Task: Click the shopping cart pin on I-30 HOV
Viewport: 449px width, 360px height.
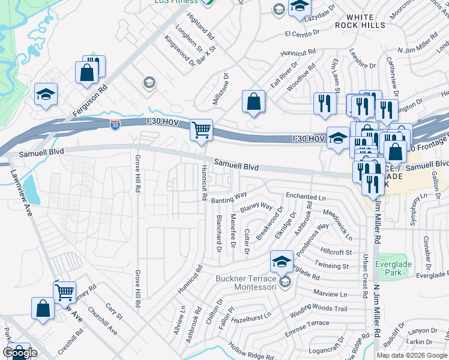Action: (202, 130)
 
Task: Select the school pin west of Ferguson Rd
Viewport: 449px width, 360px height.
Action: (46, 95)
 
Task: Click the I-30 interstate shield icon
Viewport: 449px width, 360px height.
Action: (115, 125)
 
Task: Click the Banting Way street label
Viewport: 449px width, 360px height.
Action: (228, 196)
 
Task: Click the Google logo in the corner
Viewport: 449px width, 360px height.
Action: (20, 353)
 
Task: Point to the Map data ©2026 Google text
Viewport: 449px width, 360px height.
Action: (412, 355)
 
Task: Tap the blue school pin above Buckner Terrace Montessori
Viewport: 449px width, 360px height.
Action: (282, 261)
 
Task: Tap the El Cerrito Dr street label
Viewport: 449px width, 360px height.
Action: (304, 33)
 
